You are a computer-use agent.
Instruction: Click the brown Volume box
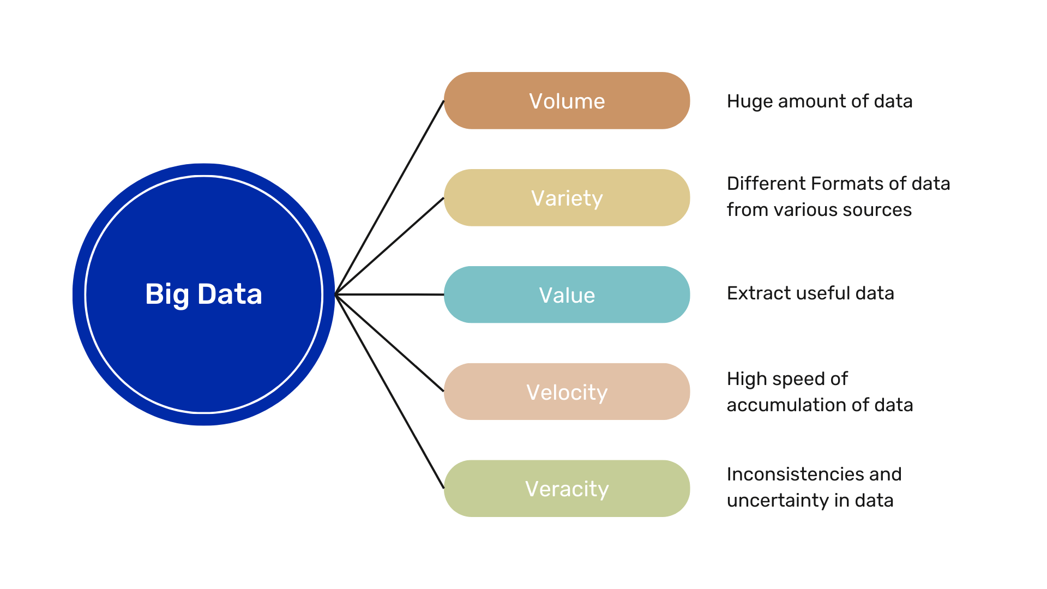567,101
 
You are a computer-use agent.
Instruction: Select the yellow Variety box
567,198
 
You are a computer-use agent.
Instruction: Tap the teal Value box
567,295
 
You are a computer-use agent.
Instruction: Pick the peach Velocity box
567,392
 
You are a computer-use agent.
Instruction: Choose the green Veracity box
567,489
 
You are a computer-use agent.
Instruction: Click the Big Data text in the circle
203,294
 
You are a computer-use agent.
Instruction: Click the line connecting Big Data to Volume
390,197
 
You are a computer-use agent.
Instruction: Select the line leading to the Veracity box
390,392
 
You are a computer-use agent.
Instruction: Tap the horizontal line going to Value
390,294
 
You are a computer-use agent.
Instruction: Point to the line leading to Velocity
390,343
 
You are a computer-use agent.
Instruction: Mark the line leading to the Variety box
390,246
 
